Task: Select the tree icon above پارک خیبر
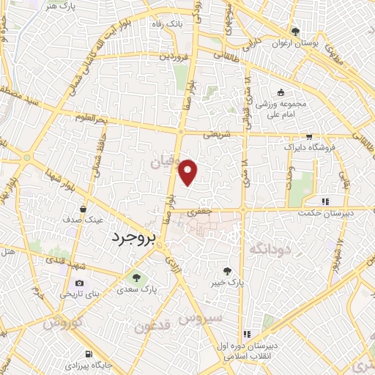(x=234, y=269)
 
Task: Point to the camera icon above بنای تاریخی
(x=79, y=283)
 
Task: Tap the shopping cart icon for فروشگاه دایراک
(x=310, y=135)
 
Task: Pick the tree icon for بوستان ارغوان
(x=295, y=31)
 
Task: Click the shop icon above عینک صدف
(x=92, y=209)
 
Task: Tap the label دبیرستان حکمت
(x=326, y=213)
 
